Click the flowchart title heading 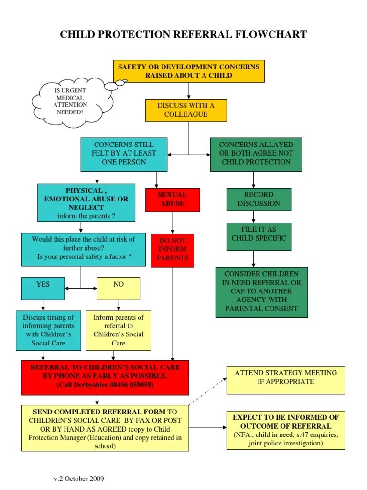(x=183, y=34)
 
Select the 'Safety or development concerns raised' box (x=189, y=71)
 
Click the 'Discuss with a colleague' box (x=186, y=110)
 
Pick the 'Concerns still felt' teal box (x=124, y=154)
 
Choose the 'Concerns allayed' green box (x=256, y=154)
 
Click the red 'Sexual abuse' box (x=172, y=200)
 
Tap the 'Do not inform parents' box (x=172, y=249)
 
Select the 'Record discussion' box (x=259, y=199)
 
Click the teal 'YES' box (x=43, y=288)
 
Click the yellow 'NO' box (x=119, y=288)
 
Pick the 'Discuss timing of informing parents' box (x=48, y=330)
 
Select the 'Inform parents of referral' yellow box (x=119, y=330)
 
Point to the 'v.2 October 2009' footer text (x=78, y=479)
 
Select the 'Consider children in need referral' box (x=261, y=291)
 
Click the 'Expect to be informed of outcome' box (x=286, y=430)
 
